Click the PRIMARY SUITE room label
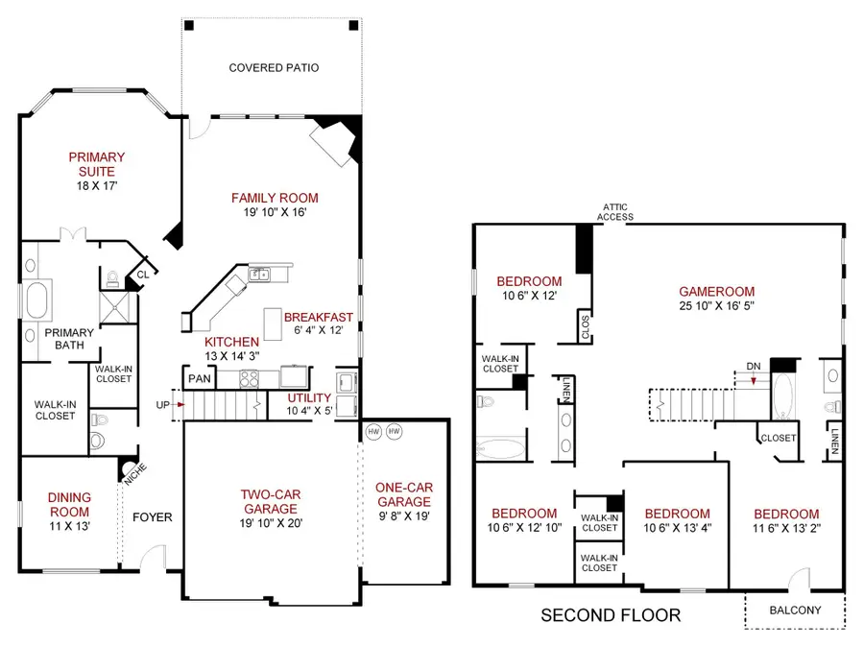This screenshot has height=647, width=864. point(96,164)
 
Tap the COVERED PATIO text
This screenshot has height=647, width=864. point(274,68)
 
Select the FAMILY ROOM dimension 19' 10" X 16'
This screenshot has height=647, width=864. point(275,213)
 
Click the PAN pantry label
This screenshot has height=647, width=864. point(200,379)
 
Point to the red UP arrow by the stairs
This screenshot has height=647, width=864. point(180,405)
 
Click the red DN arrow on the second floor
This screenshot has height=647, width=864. point(754,380)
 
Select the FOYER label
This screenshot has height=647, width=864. point(152,517)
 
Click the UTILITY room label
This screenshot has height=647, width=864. point(309,397)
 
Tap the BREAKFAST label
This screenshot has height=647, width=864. point(319,318)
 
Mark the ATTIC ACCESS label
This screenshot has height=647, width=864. point(615,211)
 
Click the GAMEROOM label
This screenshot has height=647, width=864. point(716,292)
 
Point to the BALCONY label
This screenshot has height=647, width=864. point(796,609)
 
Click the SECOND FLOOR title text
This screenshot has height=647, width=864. point(611,614)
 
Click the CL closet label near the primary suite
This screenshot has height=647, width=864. point(142,274)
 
